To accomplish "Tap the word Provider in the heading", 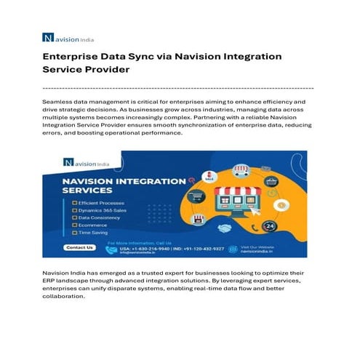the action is coord(108,71).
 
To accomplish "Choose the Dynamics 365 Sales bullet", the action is coord(100,210).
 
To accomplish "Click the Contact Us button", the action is coord(79,247).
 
